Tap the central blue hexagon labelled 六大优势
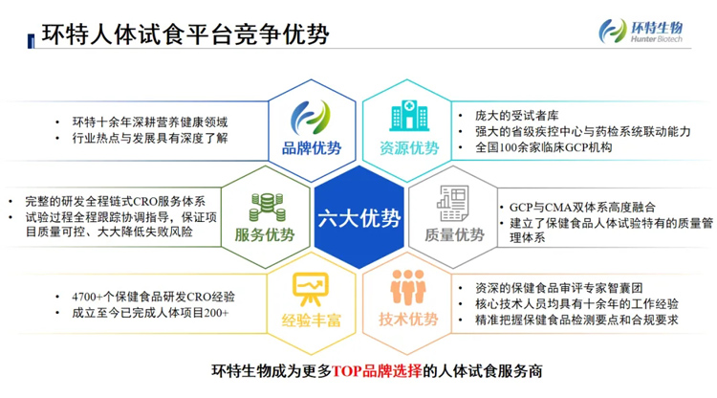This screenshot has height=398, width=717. tap(358, 218)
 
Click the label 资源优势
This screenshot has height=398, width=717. tap(408, 149)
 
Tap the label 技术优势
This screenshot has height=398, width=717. tap(409, 321)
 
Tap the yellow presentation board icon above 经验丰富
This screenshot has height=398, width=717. tap(309, 286)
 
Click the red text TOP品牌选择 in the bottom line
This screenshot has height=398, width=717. tap(379, 371)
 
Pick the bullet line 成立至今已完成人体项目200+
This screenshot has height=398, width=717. tap(151, 313)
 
